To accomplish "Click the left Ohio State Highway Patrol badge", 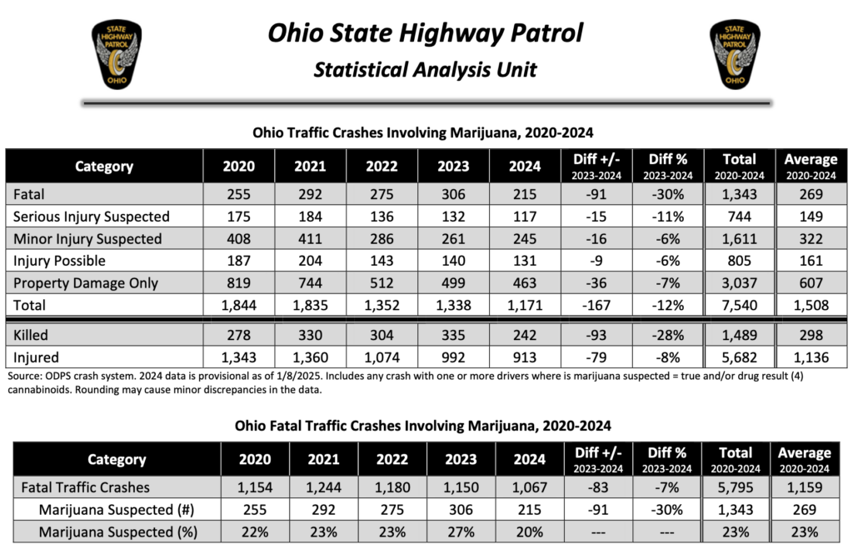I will (116, 56).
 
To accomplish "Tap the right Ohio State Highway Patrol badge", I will (734, 56).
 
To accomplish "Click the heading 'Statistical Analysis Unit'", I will (425, 69).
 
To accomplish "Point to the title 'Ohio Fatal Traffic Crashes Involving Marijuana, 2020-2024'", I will (425, 425).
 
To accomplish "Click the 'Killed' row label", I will (31, 335).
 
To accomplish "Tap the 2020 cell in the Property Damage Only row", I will (239, 283).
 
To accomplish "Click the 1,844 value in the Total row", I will (239, 305).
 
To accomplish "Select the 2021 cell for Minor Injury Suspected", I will (310, 239).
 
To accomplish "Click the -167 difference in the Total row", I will (597, 305).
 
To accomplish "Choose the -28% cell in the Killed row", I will (667, 335).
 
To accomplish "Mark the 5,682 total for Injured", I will (739, 357).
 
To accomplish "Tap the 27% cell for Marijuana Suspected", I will (460, 532).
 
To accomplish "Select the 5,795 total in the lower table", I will (736, 487).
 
